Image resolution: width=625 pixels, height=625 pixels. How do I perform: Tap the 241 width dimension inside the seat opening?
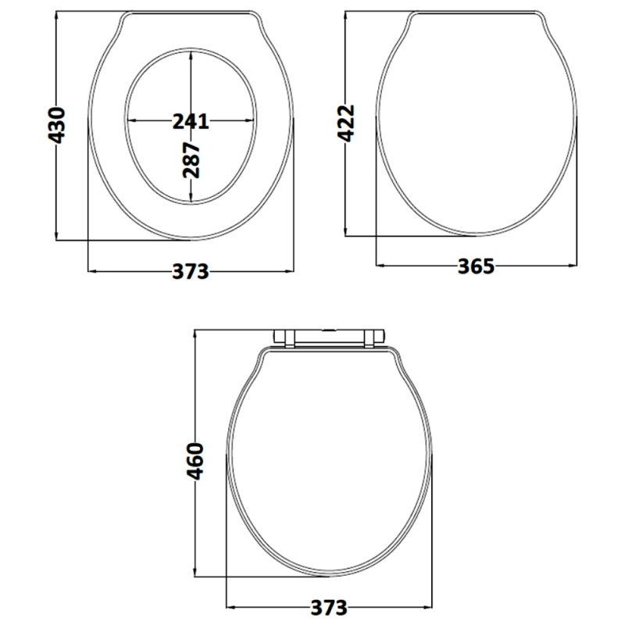pyautogui.click(x=191, y=121)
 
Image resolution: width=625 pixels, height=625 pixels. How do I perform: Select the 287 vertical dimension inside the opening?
pyautogui.click(x=192, y=159)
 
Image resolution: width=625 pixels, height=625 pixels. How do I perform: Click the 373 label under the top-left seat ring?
pyautogui.click(x=191, y=271)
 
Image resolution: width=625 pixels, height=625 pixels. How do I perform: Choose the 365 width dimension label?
pyautogui.click(x=476, y=266)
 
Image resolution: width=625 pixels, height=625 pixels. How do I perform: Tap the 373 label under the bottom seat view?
pyautogui.click(x=328, y=608)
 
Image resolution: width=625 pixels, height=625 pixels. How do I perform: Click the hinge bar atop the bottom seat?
pyautogui.click(x=330, y=335)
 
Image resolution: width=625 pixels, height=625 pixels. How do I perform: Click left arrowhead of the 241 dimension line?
pyautogui.click(x=130, y=121)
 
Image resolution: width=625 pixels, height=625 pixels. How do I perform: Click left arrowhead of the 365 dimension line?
pyautogui.click(x=380, y=266)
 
